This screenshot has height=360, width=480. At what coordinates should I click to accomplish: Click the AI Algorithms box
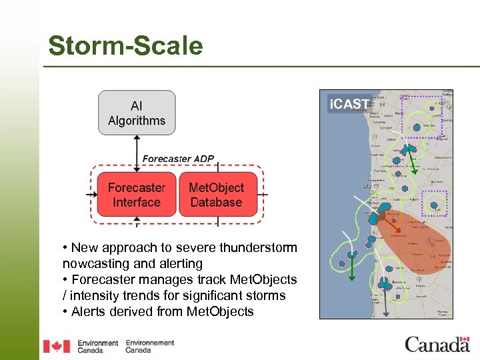(x=137, y=113)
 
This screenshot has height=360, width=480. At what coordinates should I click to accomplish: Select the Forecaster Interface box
(x=137, y=195)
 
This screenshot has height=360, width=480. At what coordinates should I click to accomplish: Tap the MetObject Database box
(x=216, y=195)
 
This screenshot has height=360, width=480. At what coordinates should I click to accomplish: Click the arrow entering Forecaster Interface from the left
(x=92, y=195)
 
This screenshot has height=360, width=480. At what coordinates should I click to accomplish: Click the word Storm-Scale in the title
(x=125, y=46)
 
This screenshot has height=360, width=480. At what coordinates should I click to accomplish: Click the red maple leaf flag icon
(x=57, y=346)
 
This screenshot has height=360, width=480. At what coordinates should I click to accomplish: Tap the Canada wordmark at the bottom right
(x=437, y=344)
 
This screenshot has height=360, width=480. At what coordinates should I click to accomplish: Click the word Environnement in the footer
(x=149, y=343)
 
